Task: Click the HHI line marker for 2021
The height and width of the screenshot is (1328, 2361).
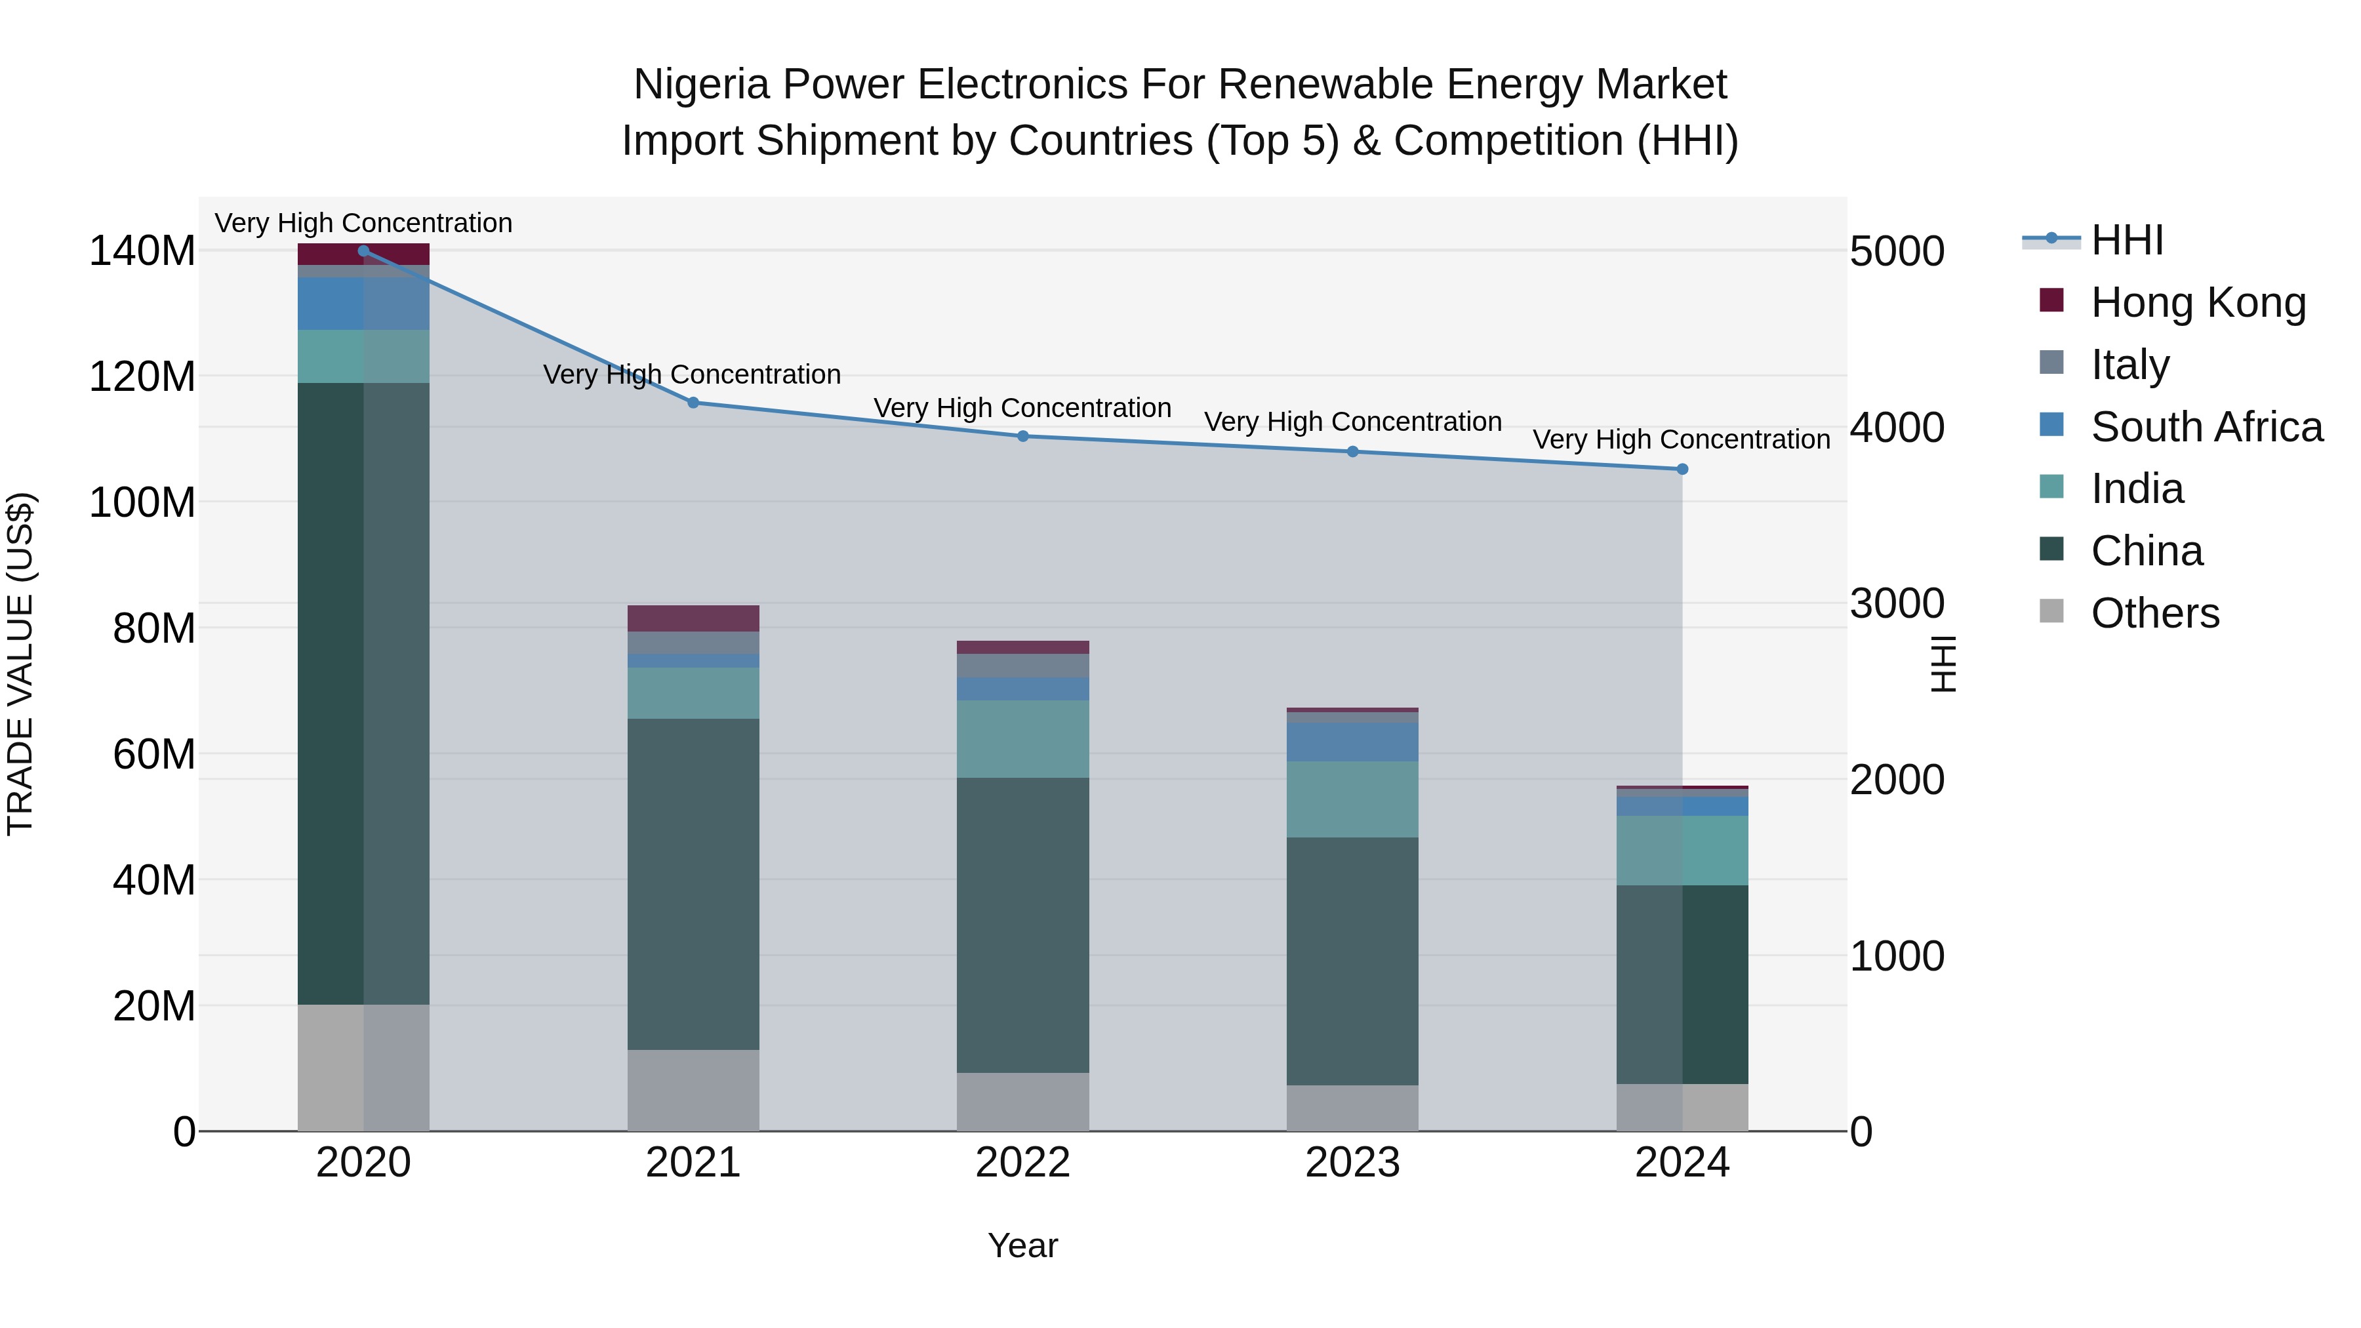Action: pyautogui.click(x=693, y=403)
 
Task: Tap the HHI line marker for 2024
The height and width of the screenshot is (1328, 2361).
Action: pyautogui.click(x=1682, y=470)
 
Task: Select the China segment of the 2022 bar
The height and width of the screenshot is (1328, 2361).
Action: pyautogui.click(x=1023, y=925)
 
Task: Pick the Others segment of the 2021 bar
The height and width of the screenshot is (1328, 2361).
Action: pyautogui.click(x=693, y=1090)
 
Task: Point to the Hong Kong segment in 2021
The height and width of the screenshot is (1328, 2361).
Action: pyautogui.click(x=693, y=618)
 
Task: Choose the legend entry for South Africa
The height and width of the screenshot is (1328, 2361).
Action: pyautogui.click(x=2206, y=427)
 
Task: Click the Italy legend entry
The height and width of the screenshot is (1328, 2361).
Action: pyautogui.click(x=2129, y=365)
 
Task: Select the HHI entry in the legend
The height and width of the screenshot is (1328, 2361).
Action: pyautogui.click(x=2126, y=240)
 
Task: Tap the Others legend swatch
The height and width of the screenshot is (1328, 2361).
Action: pyautogui.click(x=2051, y=611)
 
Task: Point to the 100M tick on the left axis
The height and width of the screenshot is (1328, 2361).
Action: pyautogui.click(x=142, y=503)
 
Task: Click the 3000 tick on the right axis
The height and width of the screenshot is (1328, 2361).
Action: pyautogui.click(x=1896, y=604)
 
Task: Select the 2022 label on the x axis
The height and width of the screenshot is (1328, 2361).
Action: pyautogui.click(x=1023, y=1163)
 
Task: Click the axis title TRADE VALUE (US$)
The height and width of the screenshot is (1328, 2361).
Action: pyautogui.click(x=20, y=664)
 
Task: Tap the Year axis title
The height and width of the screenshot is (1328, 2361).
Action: pyautogui.click(x=1023, y=1245)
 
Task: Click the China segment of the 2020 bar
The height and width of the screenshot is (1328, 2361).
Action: pyautogui.click(x=363, y=694)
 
